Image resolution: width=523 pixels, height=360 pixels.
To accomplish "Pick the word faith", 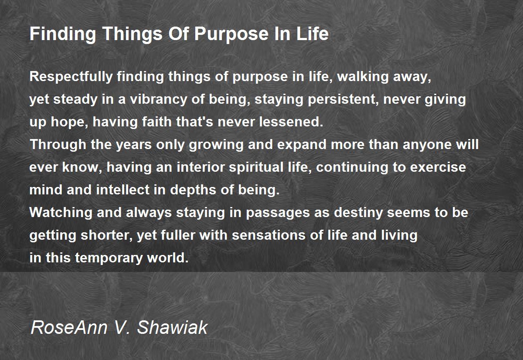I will [145, 122].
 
